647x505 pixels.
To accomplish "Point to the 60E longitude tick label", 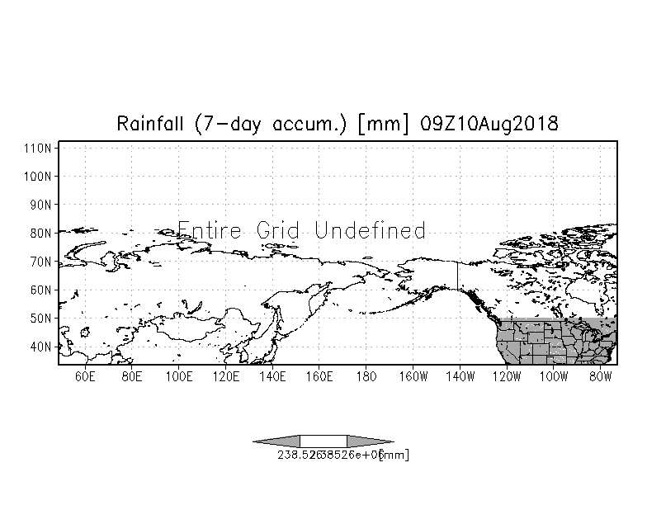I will point(85,377).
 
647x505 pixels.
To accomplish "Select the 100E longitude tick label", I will point(178,377).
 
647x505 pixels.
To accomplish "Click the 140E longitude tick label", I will point(272,377).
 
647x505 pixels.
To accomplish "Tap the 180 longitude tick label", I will point(366,377).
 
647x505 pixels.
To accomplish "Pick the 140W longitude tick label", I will point(460,377).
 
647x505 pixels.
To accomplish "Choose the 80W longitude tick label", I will point(600,377).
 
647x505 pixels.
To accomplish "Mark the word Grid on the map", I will point(279,229).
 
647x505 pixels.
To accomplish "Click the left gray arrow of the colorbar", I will point(277,441).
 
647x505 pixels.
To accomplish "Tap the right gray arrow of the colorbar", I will point(369,441).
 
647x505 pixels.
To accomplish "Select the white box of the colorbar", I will point(323,441).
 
